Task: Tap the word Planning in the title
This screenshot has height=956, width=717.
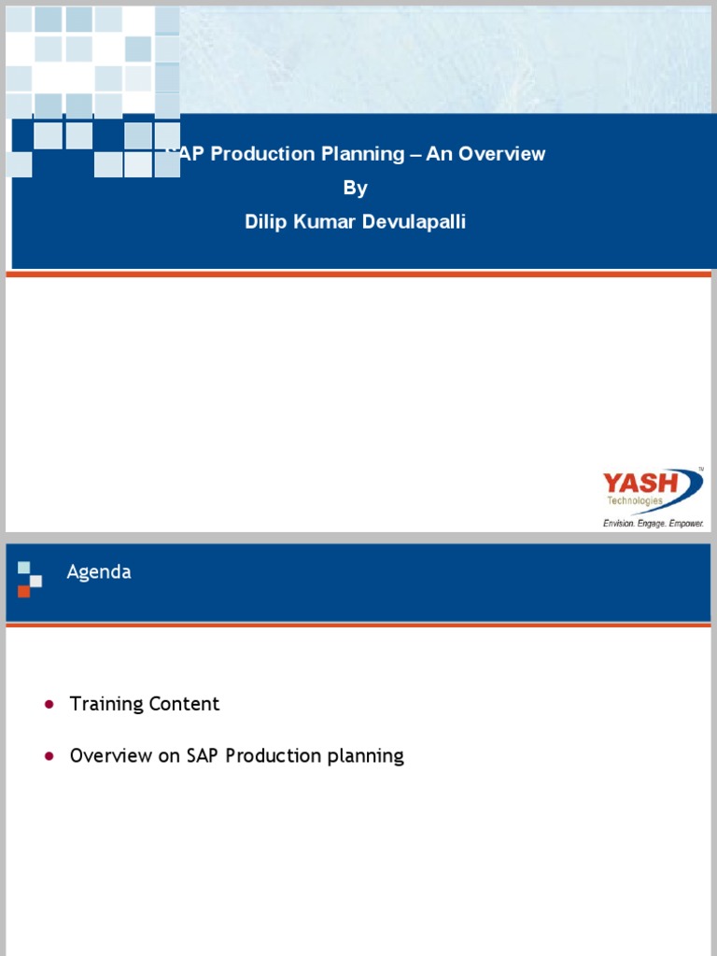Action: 364,154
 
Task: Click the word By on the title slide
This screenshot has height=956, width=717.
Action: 356,188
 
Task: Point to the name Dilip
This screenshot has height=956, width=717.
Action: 267,222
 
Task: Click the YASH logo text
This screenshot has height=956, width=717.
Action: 640,484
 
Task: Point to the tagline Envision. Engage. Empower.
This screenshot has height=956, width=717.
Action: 653,524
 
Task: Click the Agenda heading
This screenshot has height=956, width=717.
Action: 99,572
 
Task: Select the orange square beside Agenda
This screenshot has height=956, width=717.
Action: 23,591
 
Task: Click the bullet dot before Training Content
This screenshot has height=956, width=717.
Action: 49,704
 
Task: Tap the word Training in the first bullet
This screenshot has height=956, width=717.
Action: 105,704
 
